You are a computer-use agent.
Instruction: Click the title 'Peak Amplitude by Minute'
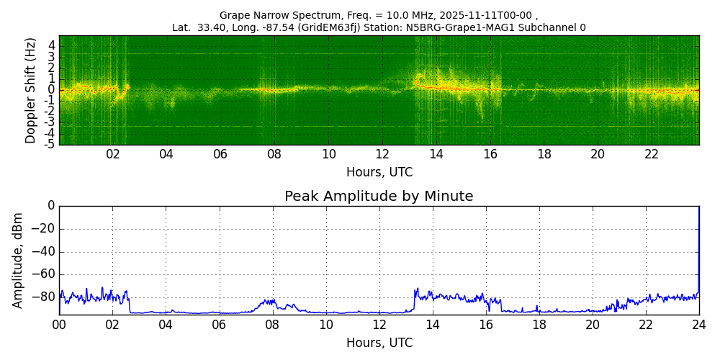[379, 197]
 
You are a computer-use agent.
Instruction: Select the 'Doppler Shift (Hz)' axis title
[31, 90]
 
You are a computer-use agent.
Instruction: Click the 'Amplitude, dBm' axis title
[19, 260]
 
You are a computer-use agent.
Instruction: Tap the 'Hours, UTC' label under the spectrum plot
[379, 173]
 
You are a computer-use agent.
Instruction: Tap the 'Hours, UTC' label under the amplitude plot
[379, 343]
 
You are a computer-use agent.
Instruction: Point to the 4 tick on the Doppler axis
[52, 45]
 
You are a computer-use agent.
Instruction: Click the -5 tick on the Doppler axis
[49, 144]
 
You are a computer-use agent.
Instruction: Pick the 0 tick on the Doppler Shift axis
[52, 90]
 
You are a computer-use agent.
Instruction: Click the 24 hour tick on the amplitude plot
[699, 325]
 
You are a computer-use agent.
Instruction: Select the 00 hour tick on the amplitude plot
[59, 325]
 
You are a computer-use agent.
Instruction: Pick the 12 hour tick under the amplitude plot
[379, 325]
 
